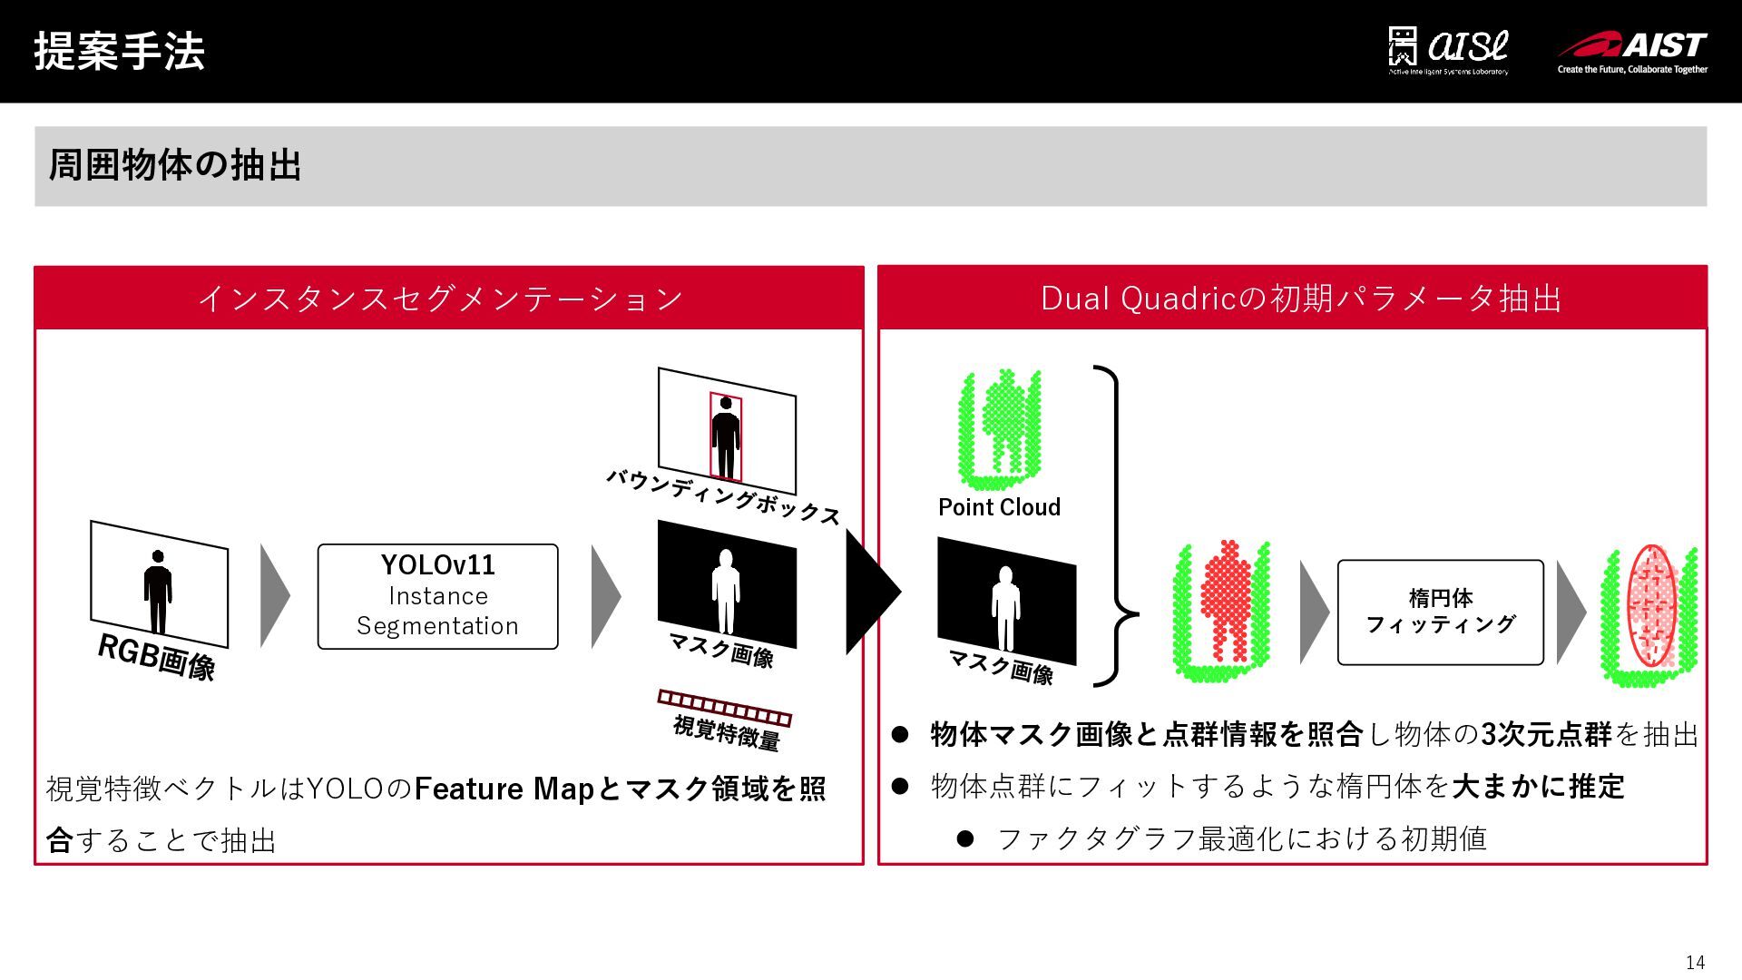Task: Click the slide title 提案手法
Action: click(119, 51)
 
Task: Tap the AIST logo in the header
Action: click(1632, 52)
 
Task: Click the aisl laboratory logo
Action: click(1448, 51)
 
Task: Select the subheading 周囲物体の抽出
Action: click(174, 165)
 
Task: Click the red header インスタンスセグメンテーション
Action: click(440, 298)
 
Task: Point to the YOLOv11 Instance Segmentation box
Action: click(437, 596)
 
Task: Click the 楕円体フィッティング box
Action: click(1440, 612)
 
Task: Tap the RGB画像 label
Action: click(156, 657)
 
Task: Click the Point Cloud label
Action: click(999, 507)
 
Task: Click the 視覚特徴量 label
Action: click(726, 731)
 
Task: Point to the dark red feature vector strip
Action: click(724, 707)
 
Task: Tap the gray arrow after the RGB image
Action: click(274, 596)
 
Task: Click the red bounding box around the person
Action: click(726, 437)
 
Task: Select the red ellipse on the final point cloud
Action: click(1651, 605)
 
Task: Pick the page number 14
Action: click(1695, 963)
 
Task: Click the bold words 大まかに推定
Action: click(1538, 786)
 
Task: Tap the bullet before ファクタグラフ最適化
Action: click(964, 838)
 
